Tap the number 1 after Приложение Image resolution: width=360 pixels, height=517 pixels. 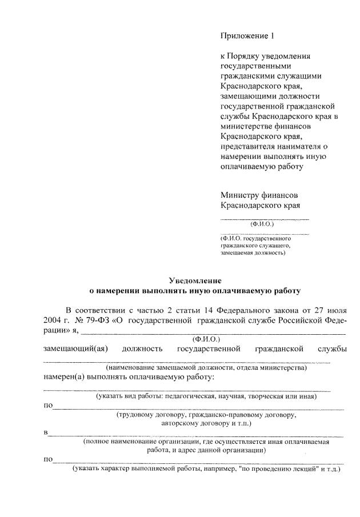(x=273, y=36)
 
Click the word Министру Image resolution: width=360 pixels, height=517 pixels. (x=241, y=195)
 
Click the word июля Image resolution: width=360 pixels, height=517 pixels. (x=337, y=309)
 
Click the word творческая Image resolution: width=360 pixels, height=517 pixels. (x=261, y=395)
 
